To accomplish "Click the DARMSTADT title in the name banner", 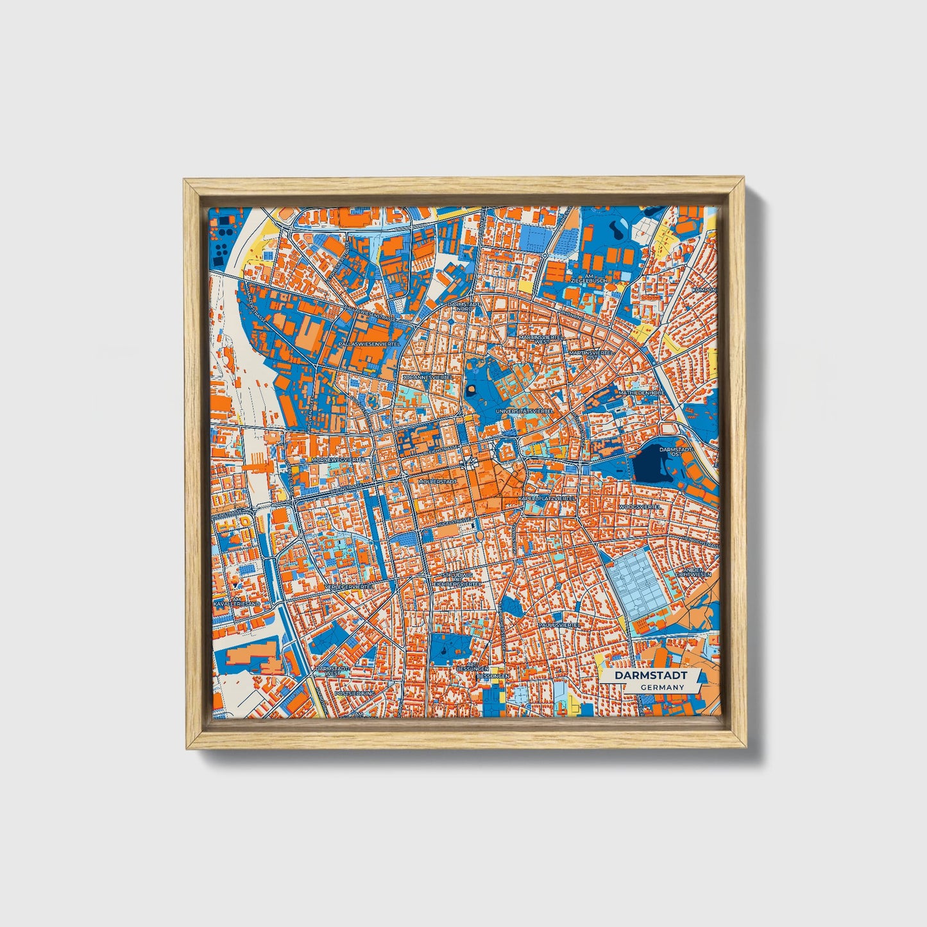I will coord(651,676).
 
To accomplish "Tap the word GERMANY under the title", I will coord(661,687).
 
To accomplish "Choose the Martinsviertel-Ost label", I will coord(591,353).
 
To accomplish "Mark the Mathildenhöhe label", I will coord(640,392).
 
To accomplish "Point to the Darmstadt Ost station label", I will coord(676,452).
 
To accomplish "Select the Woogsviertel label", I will coord(640,506).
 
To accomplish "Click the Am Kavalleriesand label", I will coord(228,600).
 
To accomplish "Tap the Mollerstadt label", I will coord(437,481).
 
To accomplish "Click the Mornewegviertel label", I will coord(337,460).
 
